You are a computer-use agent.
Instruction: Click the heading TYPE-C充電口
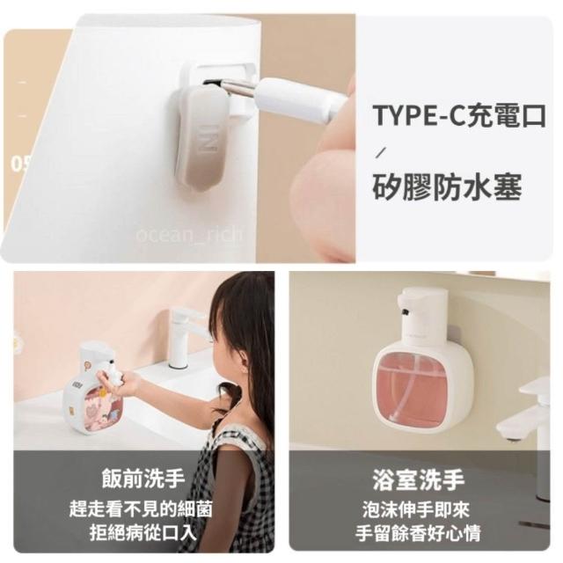[x=459, y=115]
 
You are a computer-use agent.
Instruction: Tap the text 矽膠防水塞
[x=447, y=186]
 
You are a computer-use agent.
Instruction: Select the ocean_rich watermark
[x=189, y=234]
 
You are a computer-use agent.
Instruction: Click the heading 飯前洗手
[x=143, y=479]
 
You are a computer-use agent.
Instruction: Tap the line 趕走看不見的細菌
[x=141, y=508]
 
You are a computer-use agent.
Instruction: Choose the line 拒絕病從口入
[x=143, y=533]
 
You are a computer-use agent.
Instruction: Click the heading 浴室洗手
[x=419, y=479]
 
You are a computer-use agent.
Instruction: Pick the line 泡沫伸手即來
[x=416, y=510]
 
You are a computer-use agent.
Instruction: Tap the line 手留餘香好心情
[x=418, y=534]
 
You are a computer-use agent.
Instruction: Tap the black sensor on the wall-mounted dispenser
[x=406, y=311]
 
